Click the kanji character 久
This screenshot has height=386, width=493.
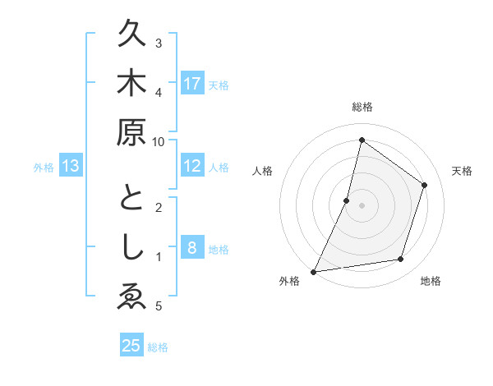click(x=131, y=35)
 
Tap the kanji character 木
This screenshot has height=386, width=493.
click(x=131, y=84)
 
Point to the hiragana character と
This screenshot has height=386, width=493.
click(x=131, y=200)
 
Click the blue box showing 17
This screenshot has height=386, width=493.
click(x=192, y=83)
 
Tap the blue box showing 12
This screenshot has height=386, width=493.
click(x=192, y=166)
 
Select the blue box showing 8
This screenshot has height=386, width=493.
click(x=192, y=247)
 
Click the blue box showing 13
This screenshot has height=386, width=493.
click(x=71, y=166)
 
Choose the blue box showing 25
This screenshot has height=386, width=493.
click(x=131, y=346)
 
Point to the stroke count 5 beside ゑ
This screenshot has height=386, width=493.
click(x=159, y=306)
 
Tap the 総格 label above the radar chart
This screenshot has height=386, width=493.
click(x=362, y=107)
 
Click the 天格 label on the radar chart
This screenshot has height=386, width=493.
click(x=463, y=171)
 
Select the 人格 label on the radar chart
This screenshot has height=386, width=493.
click(x=262, y=171)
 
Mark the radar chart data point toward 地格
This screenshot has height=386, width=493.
click(x=401, y=259)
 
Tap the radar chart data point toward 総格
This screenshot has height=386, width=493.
click(x=362, y=140)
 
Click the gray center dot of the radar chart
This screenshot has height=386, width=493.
click(x=362, y=204)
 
